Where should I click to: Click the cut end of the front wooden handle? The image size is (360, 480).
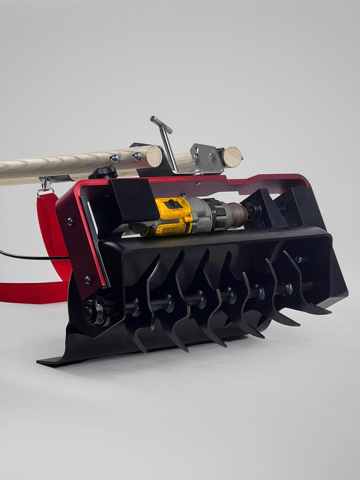(x=154, y=156)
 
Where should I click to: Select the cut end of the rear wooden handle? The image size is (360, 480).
(x=231, y=157)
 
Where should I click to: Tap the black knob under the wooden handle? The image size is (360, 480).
(x=103, y=172)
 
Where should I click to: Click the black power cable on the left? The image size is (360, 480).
(x=30, y=256)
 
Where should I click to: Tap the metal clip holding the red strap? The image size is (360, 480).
(x=44, y=187)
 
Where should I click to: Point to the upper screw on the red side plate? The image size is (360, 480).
(x=68, y=220)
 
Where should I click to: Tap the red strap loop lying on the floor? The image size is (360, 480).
(x=30, y=292)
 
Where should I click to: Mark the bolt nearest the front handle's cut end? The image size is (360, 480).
(x=137, y=156)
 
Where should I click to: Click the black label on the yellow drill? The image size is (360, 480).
(x=173, y=204)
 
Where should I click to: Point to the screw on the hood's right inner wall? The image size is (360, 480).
(x=299, y=259)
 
